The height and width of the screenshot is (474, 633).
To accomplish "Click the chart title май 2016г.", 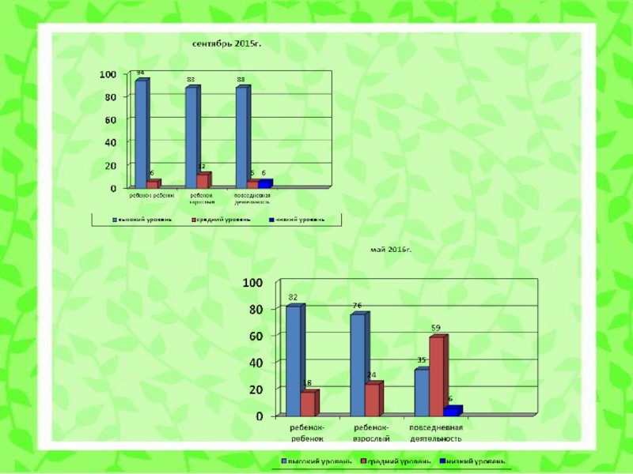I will pyautogui.click(x=392, y=249).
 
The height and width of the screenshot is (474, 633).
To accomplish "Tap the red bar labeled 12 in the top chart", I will pyautogui.click(x=203, y=180).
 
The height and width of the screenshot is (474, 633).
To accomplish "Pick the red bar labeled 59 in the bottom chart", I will pyautogui.click(x=437, y=376).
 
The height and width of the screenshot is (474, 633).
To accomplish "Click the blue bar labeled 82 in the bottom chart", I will pyautogui.click(x=293, y=360).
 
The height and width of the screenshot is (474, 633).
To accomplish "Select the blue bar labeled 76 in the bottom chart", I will pyautogui.click(x=358, y=364).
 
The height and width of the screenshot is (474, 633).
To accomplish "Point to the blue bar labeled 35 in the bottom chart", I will pyautogui.click(x=422, y=392).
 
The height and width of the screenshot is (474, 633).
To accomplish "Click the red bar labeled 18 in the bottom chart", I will pyautogui.click(x=308, y=403).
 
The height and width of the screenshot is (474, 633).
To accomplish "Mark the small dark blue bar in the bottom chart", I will pyautogui.click(x=451, y=412).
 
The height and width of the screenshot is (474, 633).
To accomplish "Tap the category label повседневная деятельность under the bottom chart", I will pyautogui.click(x=435, y=432).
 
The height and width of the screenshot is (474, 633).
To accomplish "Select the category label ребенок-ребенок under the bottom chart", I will pyautogui.click(x=305, y=432).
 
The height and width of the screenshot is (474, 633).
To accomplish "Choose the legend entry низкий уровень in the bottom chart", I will pyautogui.click(x=475, y=461).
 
